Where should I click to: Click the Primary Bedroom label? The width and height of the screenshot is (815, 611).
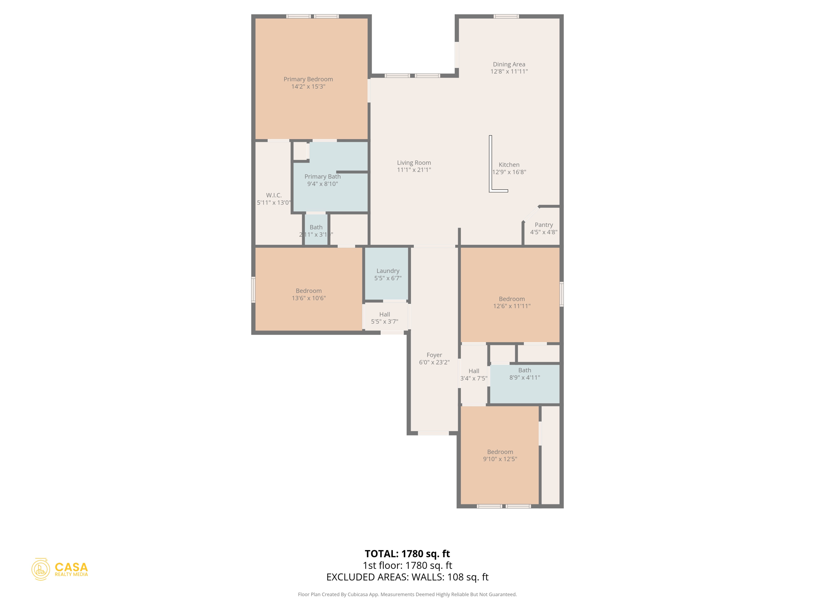click(308, 79)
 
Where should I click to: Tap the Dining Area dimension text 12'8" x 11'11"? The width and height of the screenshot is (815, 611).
click(509, 72)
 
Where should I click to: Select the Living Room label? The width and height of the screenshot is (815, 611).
click(414, 162)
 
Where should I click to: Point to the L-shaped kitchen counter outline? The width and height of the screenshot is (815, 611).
click(491, 167)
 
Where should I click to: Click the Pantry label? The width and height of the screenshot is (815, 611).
click(544, 225)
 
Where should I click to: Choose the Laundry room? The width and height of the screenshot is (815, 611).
click(387, 274)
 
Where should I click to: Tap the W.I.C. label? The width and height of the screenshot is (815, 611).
click(274, 195)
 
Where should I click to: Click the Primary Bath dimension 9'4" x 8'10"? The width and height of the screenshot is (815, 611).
click(322, 184)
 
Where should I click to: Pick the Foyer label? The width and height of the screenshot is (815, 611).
click(434, 355)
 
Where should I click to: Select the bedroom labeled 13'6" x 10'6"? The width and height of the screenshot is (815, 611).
click(308, 294)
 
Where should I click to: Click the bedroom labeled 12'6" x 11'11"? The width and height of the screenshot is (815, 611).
click(511, 302)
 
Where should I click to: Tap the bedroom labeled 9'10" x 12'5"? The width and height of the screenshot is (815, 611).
click(500, 455)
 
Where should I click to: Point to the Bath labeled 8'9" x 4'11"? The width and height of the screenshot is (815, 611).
click(524, 374)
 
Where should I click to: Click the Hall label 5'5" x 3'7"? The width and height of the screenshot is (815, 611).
click(384, 318)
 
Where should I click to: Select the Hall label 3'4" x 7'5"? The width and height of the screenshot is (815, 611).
click(474, 375)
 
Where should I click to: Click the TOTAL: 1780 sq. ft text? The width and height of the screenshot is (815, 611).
click(407, 554)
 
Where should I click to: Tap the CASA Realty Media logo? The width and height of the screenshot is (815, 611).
click(60, 569)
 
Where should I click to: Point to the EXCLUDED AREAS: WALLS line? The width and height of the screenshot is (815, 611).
click(407, 577)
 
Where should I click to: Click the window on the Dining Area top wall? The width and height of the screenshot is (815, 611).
click(506, 16)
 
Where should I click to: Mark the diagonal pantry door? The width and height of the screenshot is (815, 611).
click(531, 214)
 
